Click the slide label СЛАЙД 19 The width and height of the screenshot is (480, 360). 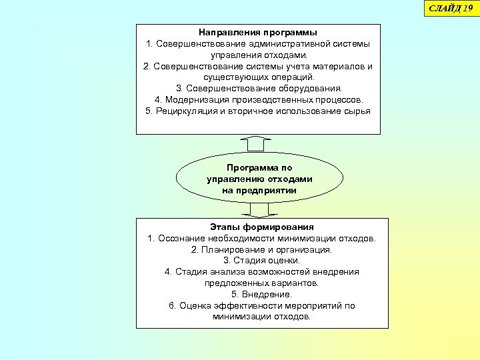pyautogui.click(x=451, y=7)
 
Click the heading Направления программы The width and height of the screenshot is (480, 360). pyautogui.click(x=258, y=32)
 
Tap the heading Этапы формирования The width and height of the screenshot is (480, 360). pyautogui.click(x=262, y=227)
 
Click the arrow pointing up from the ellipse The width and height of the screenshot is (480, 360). pyautogui.click(x=259, y=143)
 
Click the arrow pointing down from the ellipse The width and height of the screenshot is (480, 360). pyautogui.click(x=259, y=210)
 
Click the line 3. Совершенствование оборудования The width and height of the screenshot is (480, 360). pyautogui.click(x=259, y=88)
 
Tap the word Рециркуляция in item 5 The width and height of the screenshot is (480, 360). pyautogui.click(x=185, y=111)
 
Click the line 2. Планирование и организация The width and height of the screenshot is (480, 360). pyautogui.click(x=261, y=249)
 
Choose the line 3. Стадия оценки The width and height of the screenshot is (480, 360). pyautogui.click(x=261, y=261)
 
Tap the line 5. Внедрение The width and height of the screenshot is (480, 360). pyautogui.click(x=261, y=294)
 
